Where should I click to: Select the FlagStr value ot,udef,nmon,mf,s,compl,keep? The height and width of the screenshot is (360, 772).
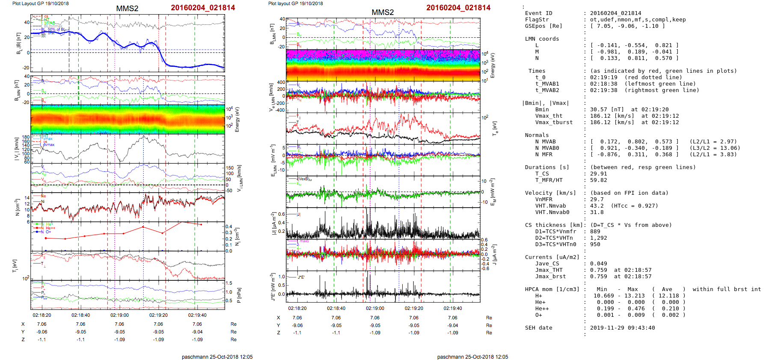[x=638, y=20]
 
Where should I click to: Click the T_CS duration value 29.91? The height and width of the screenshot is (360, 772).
[x=598, y=174]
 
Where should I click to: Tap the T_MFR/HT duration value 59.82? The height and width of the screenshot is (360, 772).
[x=598, y=180]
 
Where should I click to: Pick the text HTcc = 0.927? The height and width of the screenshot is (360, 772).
[x=634, y=206]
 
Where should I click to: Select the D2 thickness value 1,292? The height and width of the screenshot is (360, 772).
[x=598, y=238]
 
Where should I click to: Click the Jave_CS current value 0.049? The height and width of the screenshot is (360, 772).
[x=598, y=264]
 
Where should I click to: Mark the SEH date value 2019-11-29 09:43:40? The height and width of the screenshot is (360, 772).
[x=622, y=328]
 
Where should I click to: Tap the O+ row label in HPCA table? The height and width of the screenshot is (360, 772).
[x=538, y=315]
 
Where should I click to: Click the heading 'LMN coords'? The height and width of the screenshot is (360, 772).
[x=542, y=39]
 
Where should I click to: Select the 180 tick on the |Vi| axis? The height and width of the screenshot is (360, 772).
[x=26, y=137]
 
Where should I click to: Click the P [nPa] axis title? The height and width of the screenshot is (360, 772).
[x=239, y=295]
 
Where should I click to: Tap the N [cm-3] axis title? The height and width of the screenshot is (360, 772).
[x=17, y=207]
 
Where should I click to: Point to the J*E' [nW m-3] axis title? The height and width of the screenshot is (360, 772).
[x=272, y=286]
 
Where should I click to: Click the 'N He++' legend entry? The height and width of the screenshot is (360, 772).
[x=48, y=228]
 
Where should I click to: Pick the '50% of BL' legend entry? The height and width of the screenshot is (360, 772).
[x=56, y=30]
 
